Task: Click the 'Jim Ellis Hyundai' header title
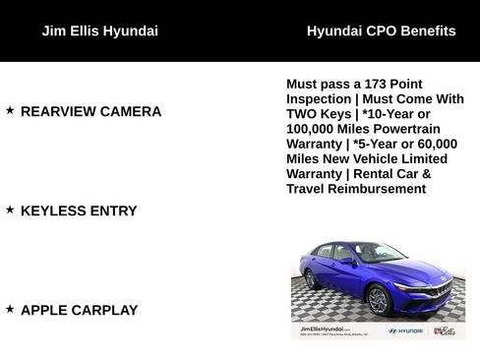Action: pyautogui.click(x=99, y=30)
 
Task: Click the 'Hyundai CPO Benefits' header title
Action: pyautogui.click(x=381, y=30)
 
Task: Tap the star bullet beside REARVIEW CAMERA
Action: pyautogui.click(x=10, y=110)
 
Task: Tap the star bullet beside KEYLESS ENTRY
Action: pyautogui.click(x=10, y=210)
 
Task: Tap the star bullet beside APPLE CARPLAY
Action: pyautogui.click(x=10, y=309)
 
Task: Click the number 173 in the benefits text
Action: pyautogui.click(x=368, y=85)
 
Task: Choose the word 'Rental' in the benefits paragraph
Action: pyautogui.click(x=379, y=173)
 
